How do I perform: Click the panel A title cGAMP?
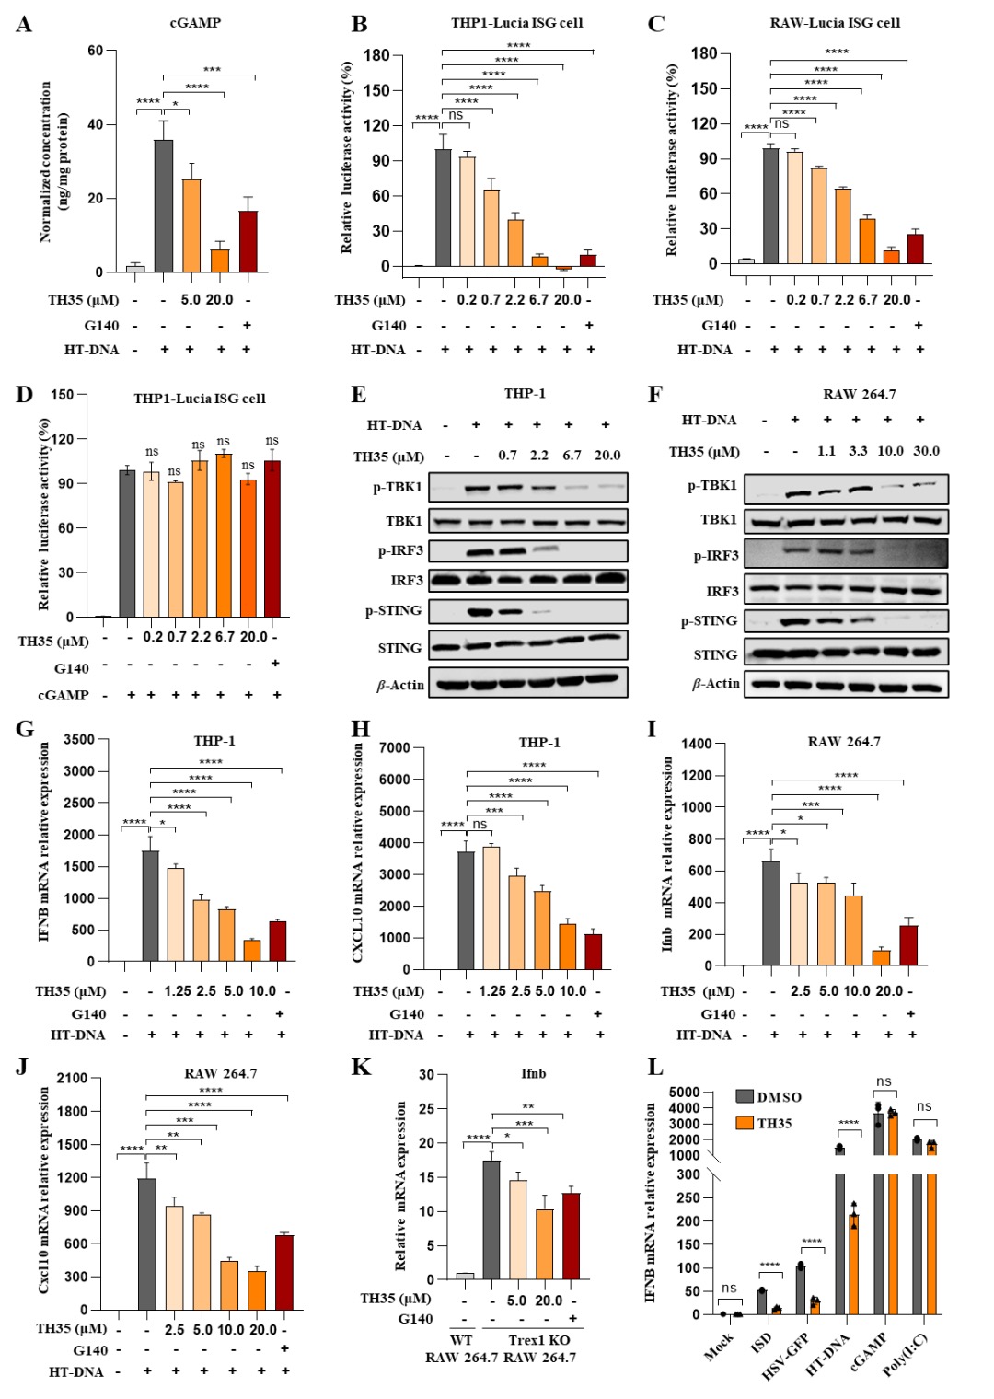click(x=195, y=22)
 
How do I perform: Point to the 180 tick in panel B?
click(x=376, y=55)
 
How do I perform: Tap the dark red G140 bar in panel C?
click(x=915, y=249)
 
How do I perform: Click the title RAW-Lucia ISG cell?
click(x=835, y=22)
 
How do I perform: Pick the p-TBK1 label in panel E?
click(x=398, y=487)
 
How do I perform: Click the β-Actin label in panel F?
click(x=716, y=683)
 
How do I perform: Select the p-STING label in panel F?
click(x=709, y=621)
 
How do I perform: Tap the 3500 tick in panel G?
click(x=79, y=739)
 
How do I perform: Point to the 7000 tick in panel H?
click(x=394, y=747)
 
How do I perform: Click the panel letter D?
click(x=24, y=395)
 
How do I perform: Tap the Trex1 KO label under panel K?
click(x=539, y=1340)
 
